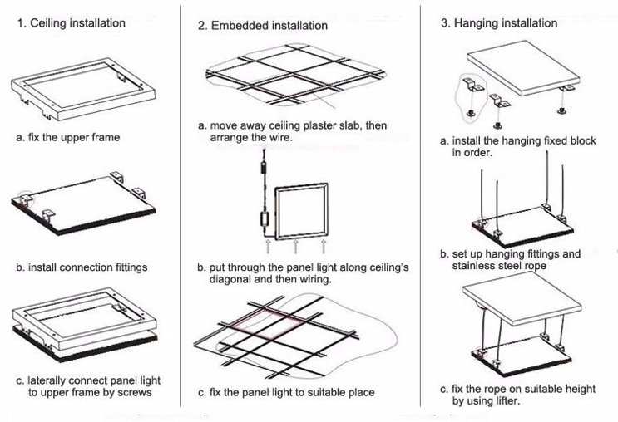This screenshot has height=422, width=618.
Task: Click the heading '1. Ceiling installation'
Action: click(72, 23)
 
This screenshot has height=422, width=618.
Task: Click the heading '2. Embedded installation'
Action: click(263, 26)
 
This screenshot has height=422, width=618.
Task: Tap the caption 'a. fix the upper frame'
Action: click(68, 137)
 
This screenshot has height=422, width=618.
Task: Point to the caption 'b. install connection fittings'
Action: click(81, 267)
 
